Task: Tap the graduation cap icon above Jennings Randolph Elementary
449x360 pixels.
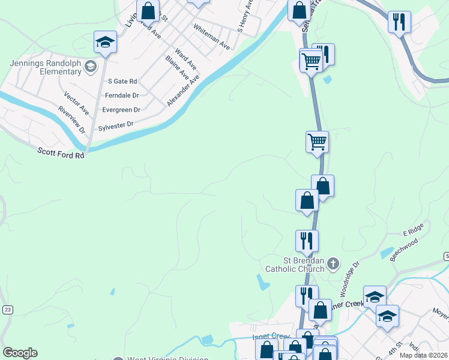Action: pyautogui.click(x=105, y=43)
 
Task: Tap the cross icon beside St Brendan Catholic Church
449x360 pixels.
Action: pyautogui.click(x=333, y=263)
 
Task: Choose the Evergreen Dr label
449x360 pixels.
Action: pyautogui.click(x=121, y=110)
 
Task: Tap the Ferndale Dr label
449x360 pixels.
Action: pyautogui.click(x=122, y=95)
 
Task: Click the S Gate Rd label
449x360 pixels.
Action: pyautogui.click(x=122, y=81)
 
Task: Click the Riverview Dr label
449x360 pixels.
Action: pyautogui.click(x=72, y=120)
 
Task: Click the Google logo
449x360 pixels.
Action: pyautogui.click(x=20, y=353)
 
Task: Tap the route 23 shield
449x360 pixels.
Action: pyautogui.click(x=8, y=309)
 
